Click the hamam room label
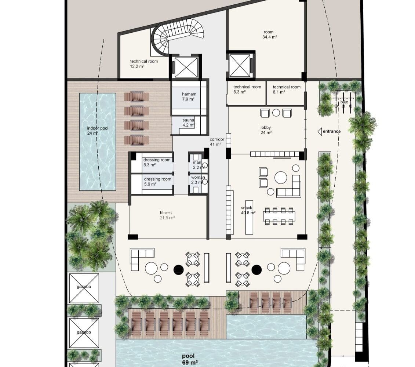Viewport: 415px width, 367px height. click(189, 97)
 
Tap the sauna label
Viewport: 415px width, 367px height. click(189, 123)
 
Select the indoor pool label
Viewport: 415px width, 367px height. click(98, 131)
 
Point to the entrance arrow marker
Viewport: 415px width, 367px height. click(320, 131)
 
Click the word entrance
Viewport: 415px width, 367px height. click(332, 131)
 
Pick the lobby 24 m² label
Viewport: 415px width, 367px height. click(266, 130)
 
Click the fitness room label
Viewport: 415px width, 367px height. click(167, 215)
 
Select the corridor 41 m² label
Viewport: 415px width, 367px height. click(217, 142)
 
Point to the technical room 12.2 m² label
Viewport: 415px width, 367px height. click(144, 64)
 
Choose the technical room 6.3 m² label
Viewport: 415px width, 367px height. click(247, 90)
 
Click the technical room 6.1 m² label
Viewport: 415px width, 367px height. click(286, 90)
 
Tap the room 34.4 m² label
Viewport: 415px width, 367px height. click(269, 35)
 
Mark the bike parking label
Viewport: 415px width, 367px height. click(344, 102)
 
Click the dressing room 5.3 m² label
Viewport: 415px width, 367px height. click(157, 162)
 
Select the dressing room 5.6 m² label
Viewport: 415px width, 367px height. click(157, 182)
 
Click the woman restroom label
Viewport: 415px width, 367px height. click(198, 180)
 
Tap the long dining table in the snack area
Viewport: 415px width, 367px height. click(279, 216)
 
